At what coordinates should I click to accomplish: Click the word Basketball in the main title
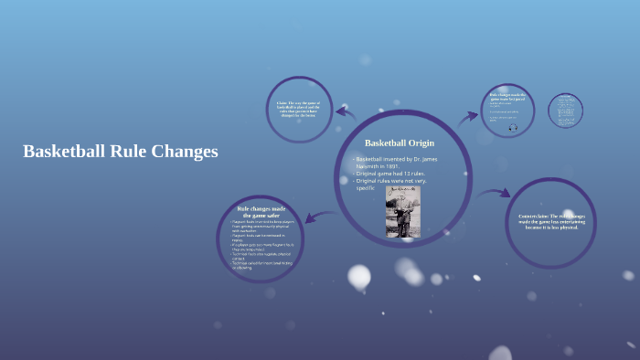63,152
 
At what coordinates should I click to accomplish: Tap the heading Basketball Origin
400,143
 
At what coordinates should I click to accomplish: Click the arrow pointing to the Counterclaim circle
495,193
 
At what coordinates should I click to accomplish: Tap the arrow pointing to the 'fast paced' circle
467,117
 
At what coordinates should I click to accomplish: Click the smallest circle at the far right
565,111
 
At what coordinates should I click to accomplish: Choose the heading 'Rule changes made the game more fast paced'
507,97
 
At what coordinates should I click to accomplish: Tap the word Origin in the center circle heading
421,143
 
